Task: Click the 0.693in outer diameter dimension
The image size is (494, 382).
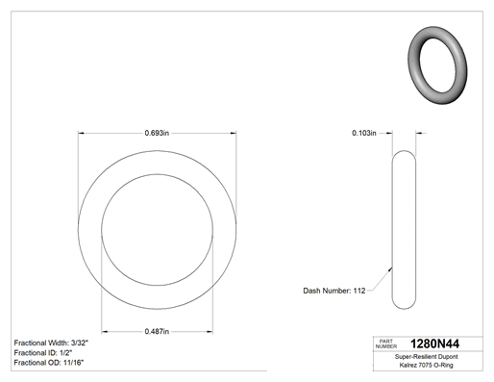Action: click(157, 133)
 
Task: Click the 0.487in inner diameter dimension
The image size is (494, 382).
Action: click(157, 331)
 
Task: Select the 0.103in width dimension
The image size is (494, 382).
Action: click(364, 133)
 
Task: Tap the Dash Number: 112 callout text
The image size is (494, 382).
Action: click(334, 291)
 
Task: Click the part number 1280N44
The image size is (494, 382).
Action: click(434, 344)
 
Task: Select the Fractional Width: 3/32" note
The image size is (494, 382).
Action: click(51, 343)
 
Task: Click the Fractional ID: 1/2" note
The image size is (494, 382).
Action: click(43, 353)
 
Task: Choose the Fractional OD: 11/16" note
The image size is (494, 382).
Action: click(49, 363)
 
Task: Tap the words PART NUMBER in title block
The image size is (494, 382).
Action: click(386, 344)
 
